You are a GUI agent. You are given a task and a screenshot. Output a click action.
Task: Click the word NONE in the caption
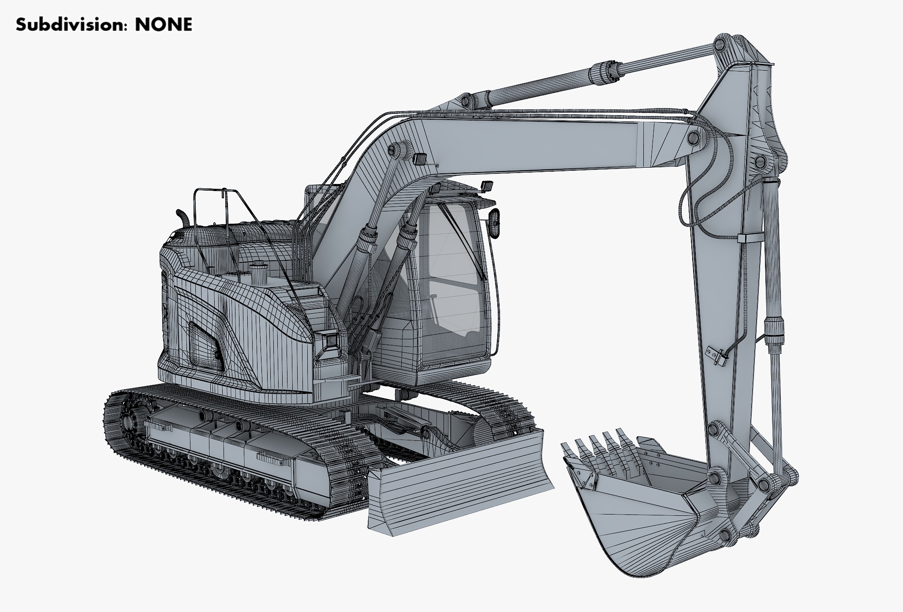[164, 25]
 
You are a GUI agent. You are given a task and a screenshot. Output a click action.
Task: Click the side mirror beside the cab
[495, 224]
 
